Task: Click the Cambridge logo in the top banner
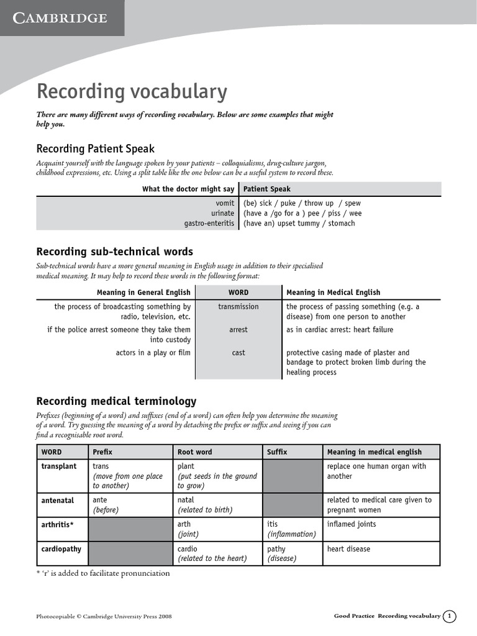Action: point(61,18)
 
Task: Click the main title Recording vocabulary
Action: point(132,91)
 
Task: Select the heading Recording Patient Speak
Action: point(95,148)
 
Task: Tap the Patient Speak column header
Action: point(266,189)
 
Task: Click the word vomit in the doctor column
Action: point(225,203)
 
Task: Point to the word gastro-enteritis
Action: point(209,223)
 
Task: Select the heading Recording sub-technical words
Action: point(114,252)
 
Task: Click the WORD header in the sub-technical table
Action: point(238,292)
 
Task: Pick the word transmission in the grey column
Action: point(238,307)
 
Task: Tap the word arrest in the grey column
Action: point(238,330)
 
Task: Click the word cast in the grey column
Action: point(238,353)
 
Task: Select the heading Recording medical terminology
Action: point(116,401)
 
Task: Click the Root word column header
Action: point(194,452)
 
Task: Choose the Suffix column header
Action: point(277,452)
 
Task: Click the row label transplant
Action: point(59,466)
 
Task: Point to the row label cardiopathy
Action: point(61,549)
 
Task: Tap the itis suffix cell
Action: point(273,524)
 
